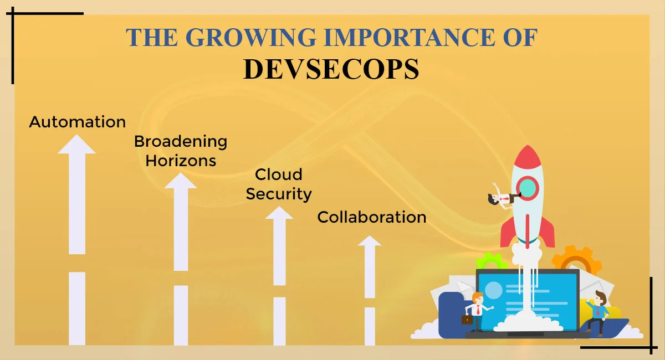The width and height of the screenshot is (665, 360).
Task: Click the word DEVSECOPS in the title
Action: (331, 69)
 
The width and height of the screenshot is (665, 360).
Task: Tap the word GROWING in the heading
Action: (251, 38)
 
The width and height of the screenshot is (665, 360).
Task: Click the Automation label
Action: (78, 122)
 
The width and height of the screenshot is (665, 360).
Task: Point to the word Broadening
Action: (181, 142)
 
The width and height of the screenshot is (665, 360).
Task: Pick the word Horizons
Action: (181, 161)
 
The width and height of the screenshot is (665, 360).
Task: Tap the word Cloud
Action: (278, 174)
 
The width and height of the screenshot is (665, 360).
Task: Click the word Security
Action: (279, 194)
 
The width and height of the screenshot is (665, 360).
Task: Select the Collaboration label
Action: (372, 217)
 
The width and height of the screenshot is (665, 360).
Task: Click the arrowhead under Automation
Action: (76, 145)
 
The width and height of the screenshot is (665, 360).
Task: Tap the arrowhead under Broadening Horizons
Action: (181, 181)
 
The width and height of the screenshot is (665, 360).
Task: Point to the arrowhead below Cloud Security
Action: (279, 213)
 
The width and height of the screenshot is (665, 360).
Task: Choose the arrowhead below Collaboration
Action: (370, 241)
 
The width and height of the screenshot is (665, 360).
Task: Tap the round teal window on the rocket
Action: (528, 188)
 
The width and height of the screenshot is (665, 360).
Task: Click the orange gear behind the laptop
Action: (576, 260)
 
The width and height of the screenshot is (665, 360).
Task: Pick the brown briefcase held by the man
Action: (467, 320)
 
